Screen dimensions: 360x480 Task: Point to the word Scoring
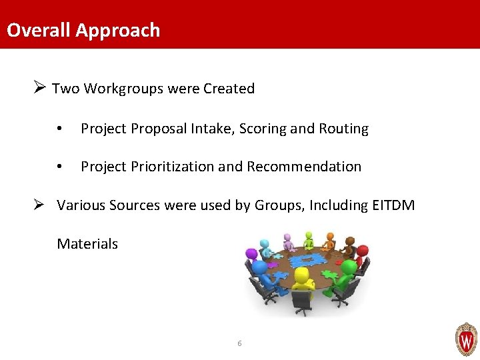[x=262, y=129]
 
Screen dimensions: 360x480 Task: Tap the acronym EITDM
[x=391, y=205]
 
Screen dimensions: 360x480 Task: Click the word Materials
[x=87, y=244]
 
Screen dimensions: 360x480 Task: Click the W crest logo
[x=466, y=339]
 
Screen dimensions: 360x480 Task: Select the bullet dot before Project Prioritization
[x=60, y=167]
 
